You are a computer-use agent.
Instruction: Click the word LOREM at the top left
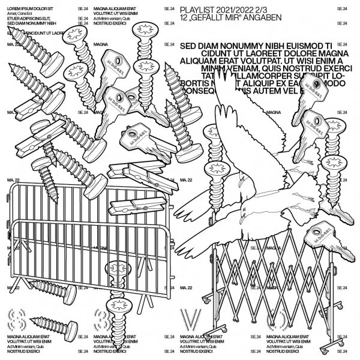click(x=15, y=7)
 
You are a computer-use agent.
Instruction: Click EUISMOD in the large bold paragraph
click(x=298, y=44)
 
